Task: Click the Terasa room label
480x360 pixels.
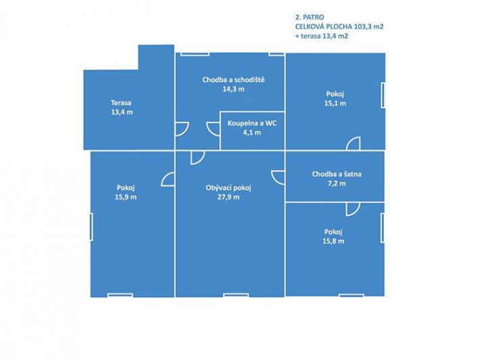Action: (121, 103)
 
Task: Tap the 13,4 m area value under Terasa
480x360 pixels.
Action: (122, 112)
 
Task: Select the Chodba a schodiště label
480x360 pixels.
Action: (233, 80)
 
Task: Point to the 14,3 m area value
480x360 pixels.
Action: (233, 89)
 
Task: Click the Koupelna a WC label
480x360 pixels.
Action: (252, 123)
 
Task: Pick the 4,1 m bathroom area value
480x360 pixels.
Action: (252, 133)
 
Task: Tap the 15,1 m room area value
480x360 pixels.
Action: (335, 104)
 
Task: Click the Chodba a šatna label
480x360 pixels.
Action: (337, 174)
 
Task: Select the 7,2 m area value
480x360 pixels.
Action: (337, 183)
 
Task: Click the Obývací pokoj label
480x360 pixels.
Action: (229, 187)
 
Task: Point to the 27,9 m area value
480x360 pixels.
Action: (229, 197)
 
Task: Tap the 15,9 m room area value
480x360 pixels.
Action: (126, 197)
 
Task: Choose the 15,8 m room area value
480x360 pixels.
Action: (333, 241)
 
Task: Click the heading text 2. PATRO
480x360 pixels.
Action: (310, 17)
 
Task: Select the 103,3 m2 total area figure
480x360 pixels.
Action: (368, 26)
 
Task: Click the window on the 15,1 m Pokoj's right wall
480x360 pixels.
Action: (383, 95)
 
